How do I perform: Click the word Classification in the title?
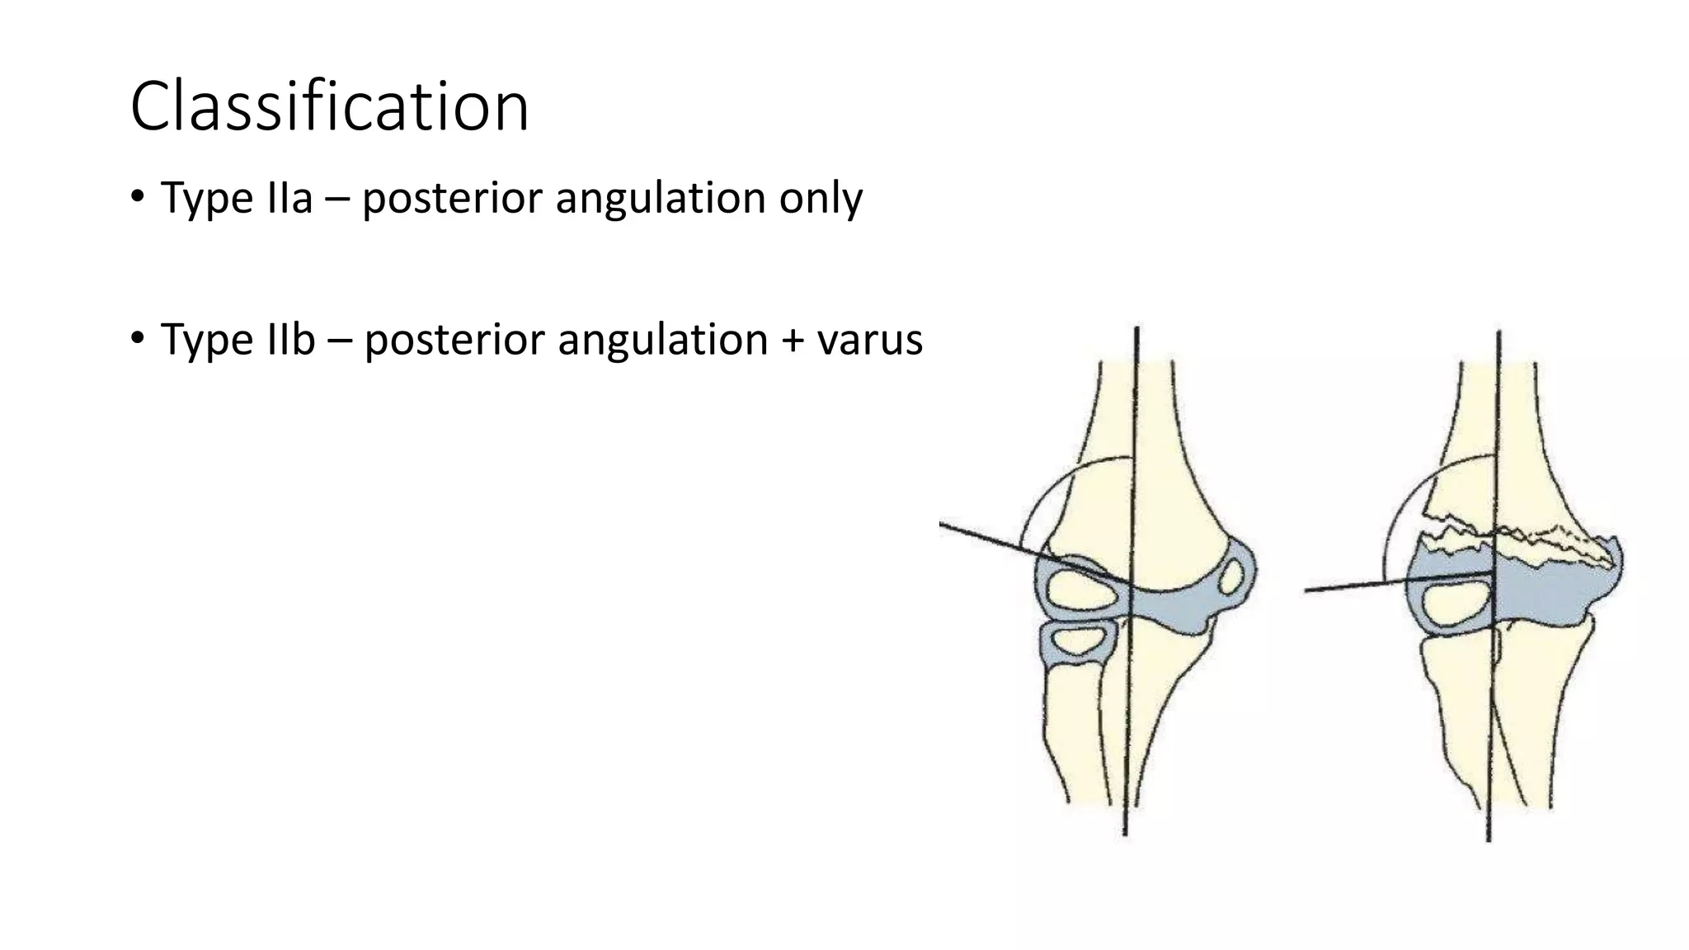(x=329, y=106)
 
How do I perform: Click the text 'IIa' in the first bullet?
(x=289, y=198)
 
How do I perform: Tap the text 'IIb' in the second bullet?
(x=290, y=339)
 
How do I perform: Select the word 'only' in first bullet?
(x=821, y=198)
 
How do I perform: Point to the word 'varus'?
(x=869, y=339)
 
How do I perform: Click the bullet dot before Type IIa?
(x=137, y=197)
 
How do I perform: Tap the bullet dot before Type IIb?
(x=137, y=338)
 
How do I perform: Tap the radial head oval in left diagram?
(x=1076, y=641)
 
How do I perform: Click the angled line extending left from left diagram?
(x=990, y=538)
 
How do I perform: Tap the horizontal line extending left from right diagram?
(x=1353, y=586)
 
